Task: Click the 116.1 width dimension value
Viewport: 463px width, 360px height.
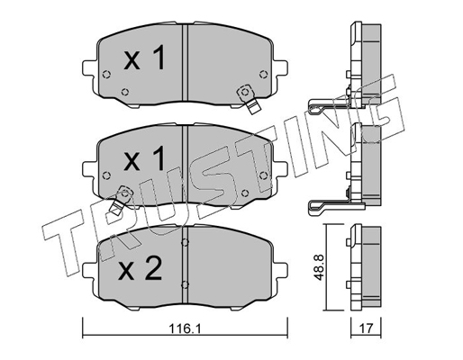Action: tap(185, 328)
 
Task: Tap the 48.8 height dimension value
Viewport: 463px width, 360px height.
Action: tap(319, 266)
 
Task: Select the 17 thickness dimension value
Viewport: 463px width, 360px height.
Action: tap(366, 328)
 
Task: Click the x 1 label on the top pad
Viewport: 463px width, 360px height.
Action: tap(144, 58)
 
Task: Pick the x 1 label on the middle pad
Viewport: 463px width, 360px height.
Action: tap(144, 158)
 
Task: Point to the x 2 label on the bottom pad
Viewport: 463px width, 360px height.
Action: tap(141, 268)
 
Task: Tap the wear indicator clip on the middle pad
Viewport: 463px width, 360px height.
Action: tap(121, 199)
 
